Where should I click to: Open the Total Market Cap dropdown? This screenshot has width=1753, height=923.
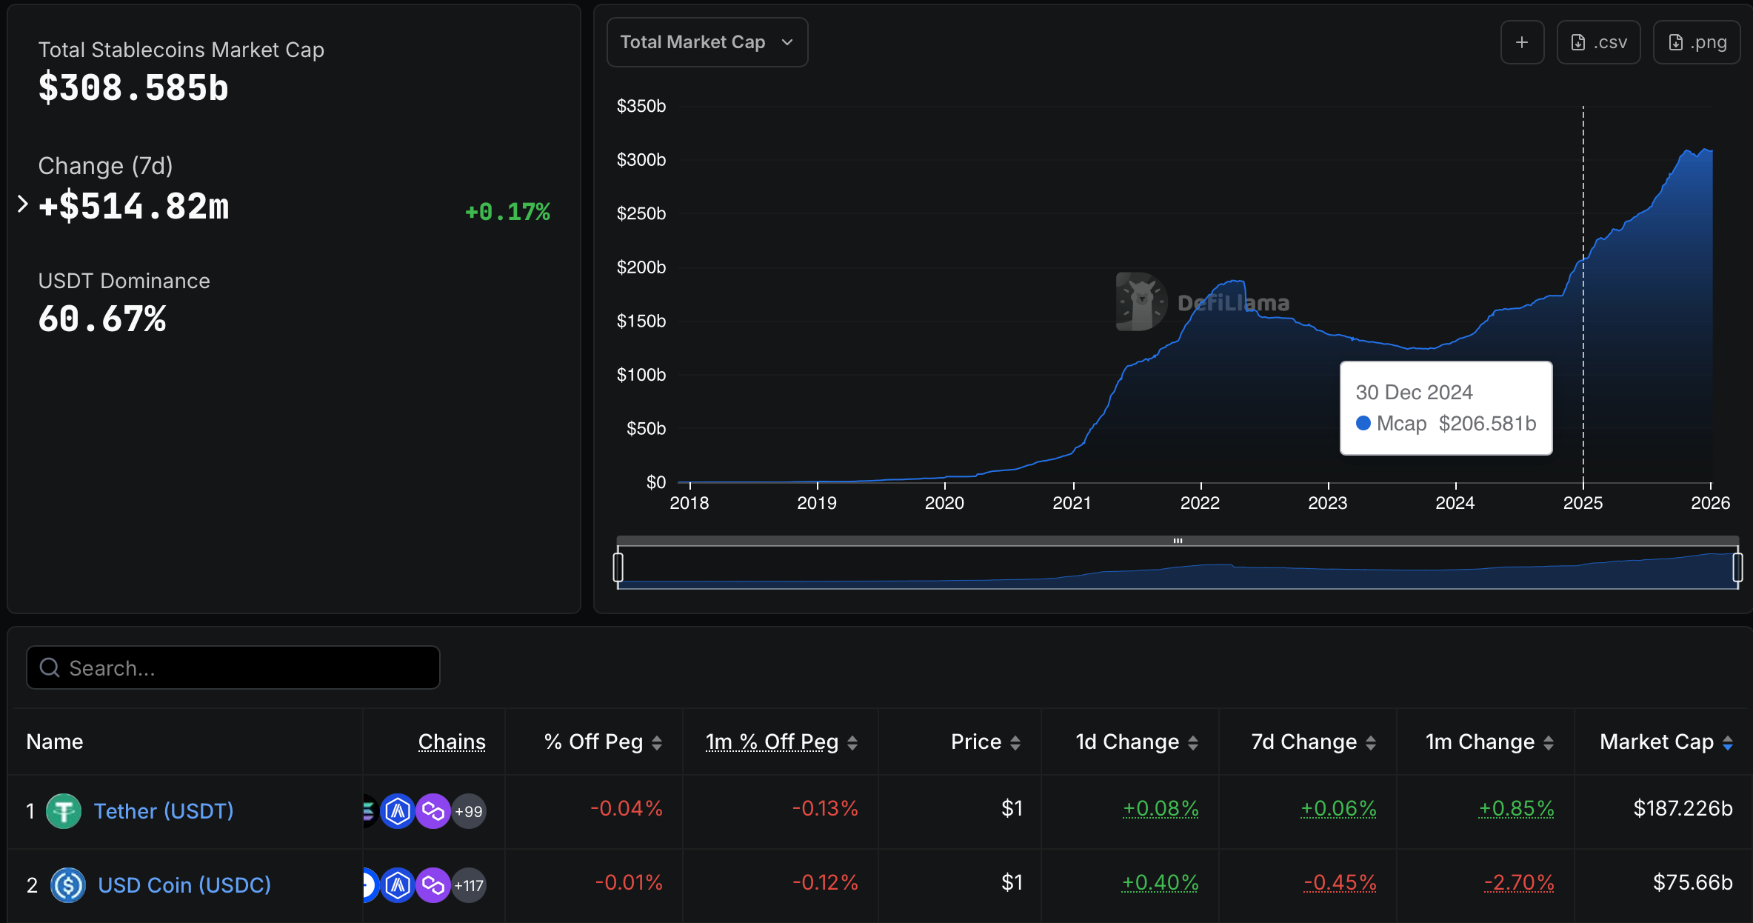[x=707, y=42]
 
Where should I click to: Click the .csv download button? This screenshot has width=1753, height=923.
[x=1598, y=42]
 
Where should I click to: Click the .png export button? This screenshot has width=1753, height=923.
[x=1696, y=42]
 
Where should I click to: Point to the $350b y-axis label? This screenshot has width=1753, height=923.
[x=641, y=106]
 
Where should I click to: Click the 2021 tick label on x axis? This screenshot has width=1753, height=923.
[x=1072, y=503]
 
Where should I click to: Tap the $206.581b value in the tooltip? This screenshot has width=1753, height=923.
[x=1487, y=424]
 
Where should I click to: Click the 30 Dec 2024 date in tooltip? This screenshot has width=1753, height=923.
[x=1414, y=392]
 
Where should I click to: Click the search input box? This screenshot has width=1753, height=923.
[x=233, y=667]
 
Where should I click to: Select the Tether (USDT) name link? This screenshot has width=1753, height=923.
[x=164, y=811]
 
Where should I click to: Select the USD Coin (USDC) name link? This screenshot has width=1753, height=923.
[x=184, y=885]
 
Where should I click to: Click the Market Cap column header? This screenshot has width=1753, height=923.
[x=1657, y=742]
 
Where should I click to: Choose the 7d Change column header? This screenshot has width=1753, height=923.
[x=1304, y=742]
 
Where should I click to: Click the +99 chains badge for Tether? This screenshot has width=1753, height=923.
[x=469, y=811]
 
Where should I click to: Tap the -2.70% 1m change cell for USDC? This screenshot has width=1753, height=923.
[x=1518, y=882]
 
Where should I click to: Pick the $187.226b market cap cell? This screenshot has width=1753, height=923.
[x=1683, y=808]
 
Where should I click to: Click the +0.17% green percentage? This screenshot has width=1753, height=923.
[x=507, y=212]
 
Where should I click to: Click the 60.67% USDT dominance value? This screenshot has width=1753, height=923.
[x=102, y=319]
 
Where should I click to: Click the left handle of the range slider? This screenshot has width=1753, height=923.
[x=618, y=567]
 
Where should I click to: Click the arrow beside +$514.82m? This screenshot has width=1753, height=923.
[x=22, y=204]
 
